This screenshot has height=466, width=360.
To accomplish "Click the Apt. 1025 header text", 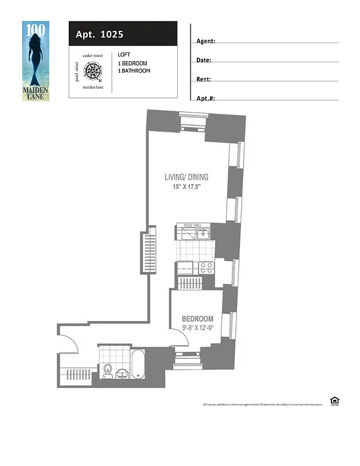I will [x=99, y=34].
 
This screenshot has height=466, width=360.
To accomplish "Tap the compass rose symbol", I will [x=93, y=71].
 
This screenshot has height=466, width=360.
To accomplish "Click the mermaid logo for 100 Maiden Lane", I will [x=36, y=60].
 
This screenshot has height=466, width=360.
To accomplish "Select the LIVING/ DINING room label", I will [x=186, y=178].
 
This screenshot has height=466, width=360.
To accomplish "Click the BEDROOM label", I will [x=197, y=319].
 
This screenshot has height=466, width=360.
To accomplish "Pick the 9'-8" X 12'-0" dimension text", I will [x=197, y=328].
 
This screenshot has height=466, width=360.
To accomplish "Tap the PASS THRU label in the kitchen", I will [x=193, y=225].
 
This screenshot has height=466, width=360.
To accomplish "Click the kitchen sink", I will [x=203, y=234].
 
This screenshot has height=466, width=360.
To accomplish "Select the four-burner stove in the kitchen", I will [x=206, y=268].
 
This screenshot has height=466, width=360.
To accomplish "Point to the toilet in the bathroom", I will [x=107, y=371].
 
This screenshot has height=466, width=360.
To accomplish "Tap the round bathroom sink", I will [x=123, y=373].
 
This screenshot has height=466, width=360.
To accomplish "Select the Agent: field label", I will [x=206, y=41].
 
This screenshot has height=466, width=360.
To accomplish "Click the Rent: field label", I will [x=204, y=79].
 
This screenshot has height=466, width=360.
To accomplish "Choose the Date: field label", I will [x=204, y=61].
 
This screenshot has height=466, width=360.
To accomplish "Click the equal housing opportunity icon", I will [x=334, y=400].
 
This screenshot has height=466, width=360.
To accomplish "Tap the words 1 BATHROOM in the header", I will [x=134, y=71].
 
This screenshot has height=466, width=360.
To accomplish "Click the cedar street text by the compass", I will [x=93, y=56].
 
